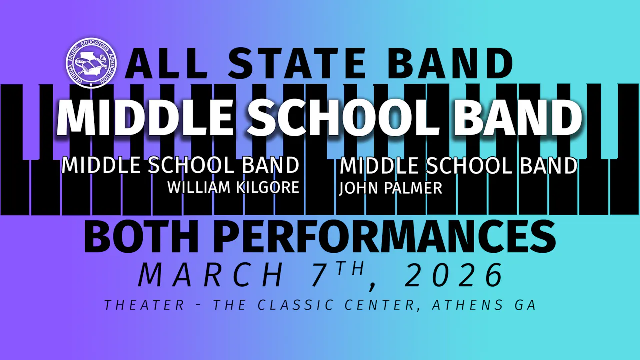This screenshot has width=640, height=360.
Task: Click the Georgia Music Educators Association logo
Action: (x=91, y=63)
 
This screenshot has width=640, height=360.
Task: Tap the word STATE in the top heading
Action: (x=296, y=64)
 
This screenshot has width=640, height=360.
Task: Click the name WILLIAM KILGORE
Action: (x=233, y=188)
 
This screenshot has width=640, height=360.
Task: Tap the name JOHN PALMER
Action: (x=391, y=188)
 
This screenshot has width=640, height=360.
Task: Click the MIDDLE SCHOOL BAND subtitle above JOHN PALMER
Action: (x=458, y=166)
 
